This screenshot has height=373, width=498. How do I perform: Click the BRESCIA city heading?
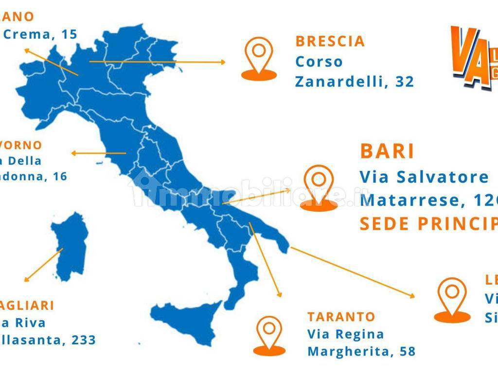[x=330, y=41]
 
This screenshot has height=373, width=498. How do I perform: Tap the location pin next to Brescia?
[x=259, y=58]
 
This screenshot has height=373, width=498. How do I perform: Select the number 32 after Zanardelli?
[x=405, y=82]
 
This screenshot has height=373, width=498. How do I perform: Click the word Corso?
[x=319, y=62]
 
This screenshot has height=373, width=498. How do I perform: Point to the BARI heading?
[x=387, y=152]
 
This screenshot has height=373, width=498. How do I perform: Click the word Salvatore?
[x=443, y=177]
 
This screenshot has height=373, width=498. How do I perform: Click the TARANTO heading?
[x=341, y=317]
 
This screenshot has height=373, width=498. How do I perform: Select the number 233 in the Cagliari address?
[x=83, y=339]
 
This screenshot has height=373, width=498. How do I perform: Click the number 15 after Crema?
[x=70, y=34]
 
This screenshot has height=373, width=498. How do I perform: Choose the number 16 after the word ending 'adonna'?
[x=60, y=176]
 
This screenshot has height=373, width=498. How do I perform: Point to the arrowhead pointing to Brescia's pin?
[x=223, y=62]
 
